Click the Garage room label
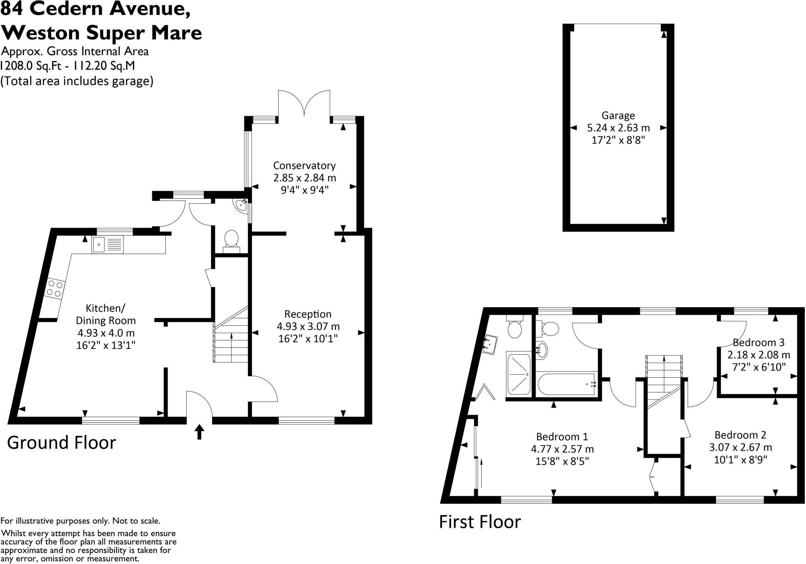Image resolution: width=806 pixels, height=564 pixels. [618, 116]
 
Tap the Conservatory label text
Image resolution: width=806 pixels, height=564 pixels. [304, 165]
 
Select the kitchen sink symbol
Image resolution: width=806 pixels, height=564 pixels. [107, 245]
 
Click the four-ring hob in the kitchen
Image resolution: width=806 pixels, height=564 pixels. [54, 289]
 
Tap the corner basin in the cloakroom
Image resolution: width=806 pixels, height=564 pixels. [242, 205]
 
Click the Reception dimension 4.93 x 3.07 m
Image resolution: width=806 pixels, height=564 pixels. [308, 327]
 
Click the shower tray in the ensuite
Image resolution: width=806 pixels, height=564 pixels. [519, 374]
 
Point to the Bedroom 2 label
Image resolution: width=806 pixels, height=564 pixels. [740, 435]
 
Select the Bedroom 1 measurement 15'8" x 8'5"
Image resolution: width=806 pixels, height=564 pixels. [562, 461]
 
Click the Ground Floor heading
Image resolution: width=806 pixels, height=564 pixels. [61, 443]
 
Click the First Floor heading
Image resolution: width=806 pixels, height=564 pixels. [479, 522]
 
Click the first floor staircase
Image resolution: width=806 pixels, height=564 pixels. [664, 380]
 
